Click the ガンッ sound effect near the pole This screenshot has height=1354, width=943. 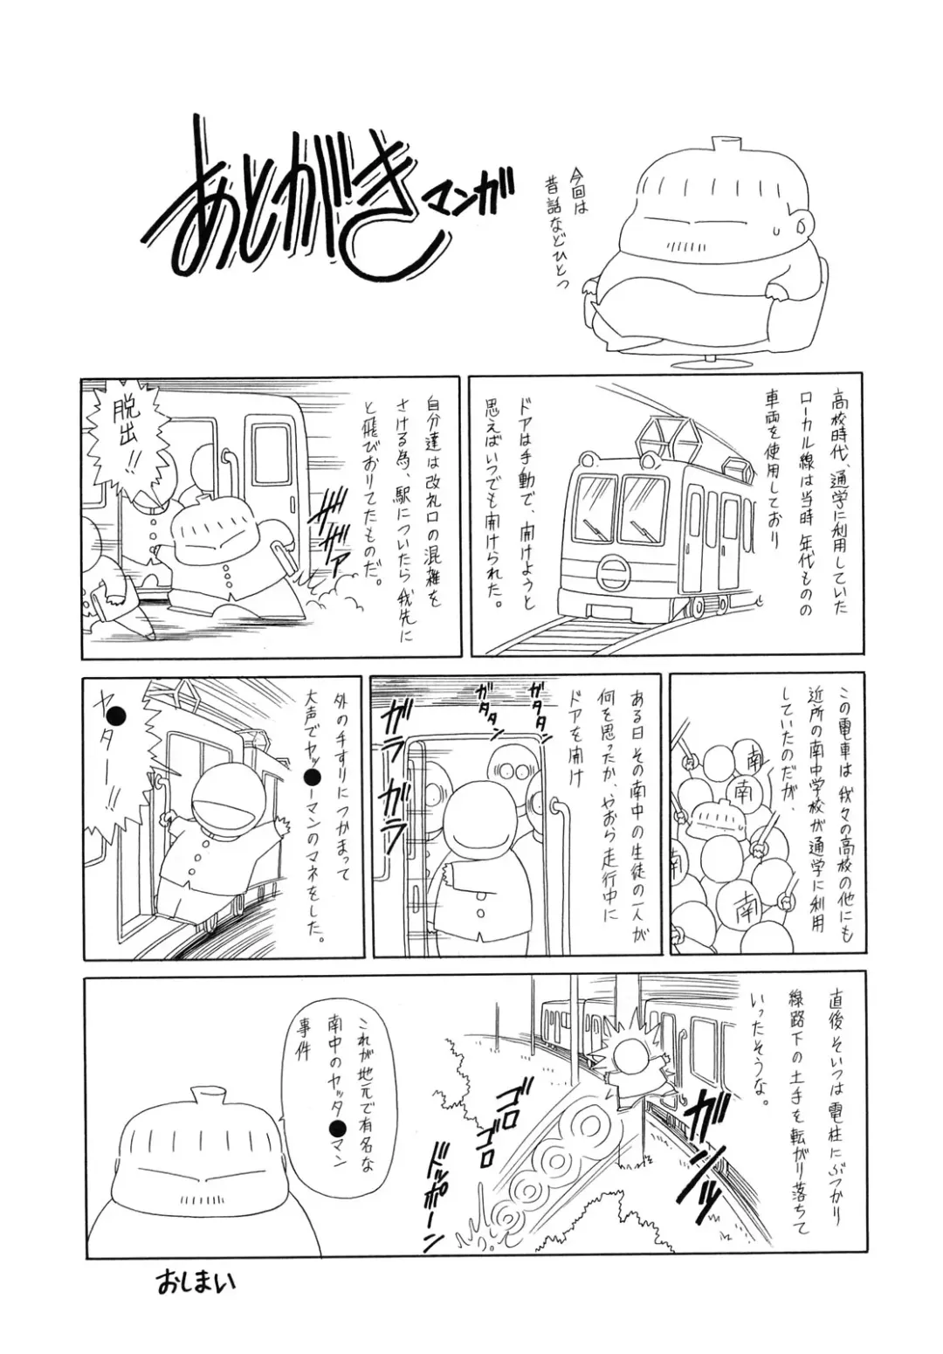click(x=699, y=1140)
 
